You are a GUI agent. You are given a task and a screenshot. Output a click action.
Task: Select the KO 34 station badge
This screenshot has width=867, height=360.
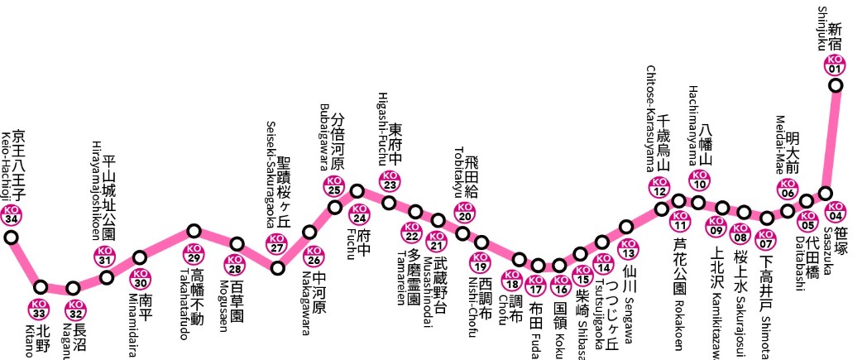click(x=12, y=216)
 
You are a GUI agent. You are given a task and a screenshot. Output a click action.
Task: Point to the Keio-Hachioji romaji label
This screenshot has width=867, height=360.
click(x=5, y=166)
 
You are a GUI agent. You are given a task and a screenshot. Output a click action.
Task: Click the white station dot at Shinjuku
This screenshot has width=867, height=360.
click(x=836, y=84)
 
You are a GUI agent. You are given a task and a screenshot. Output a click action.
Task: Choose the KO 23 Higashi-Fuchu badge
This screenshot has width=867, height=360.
click(x=389, y=180)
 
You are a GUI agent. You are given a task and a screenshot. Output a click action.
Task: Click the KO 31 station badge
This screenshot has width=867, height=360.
click(x=104, y=256)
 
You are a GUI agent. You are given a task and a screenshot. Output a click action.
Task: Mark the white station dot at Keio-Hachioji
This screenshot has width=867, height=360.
click(x=12, y=238)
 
